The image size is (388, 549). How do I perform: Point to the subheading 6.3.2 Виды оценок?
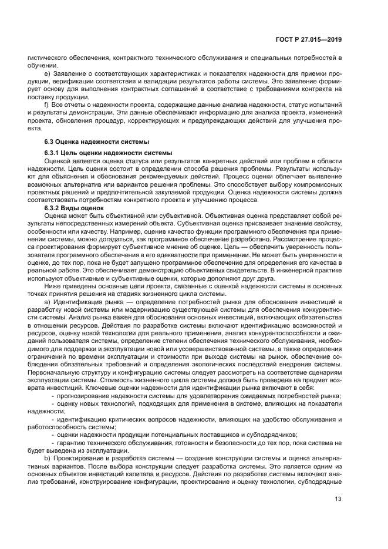[x=73, y=208]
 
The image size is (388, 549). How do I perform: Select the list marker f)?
[x=47, y=104]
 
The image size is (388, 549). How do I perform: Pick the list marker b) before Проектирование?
[x=48, y=456]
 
